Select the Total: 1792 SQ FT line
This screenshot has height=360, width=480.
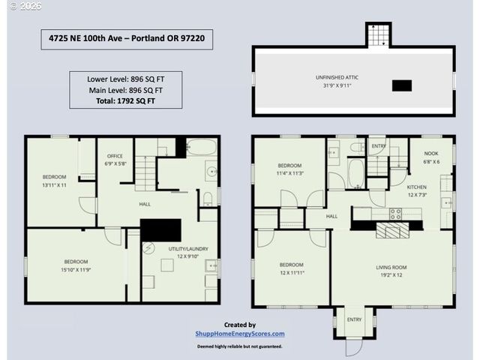pyautogui.click(x=126, y=100)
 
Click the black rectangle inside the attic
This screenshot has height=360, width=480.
pyautogui.click(x=402, y=85)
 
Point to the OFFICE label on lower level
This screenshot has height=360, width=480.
pyautogui.click(x=115, y=156)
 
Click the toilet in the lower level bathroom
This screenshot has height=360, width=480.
pyautogui.click(x=208, y=198)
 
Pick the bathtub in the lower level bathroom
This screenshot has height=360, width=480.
pyautogui.click(x=201, y=147)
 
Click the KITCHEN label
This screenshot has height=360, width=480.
pyautogui.click(x=417, y=186)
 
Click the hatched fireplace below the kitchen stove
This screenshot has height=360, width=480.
pyautogui.click(x=392, y=229)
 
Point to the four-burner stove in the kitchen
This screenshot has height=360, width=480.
pyautogui.click(x=394, y=214)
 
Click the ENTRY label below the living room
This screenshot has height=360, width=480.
pyautogui.click(x=353, y=319)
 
